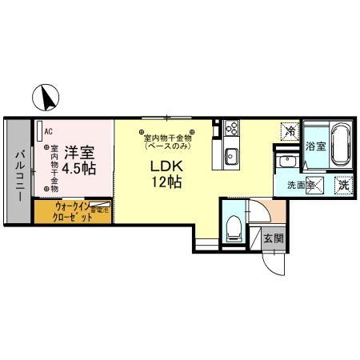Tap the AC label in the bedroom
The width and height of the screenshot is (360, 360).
click(49, 131)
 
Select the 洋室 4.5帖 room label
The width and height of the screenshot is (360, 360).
click(80, 158)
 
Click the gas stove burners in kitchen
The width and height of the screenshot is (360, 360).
click(232, 127)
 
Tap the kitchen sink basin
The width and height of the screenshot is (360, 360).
click(231, 154)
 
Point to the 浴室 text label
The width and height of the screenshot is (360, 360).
click(314, 146)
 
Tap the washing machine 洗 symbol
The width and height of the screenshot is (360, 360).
click(342, 183)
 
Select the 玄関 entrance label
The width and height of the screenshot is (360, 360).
click(272, 238)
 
